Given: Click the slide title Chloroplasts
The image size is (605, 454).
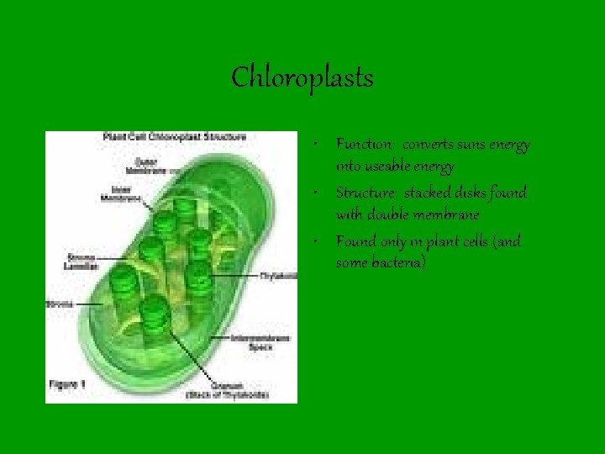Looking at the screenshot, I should (302, 78).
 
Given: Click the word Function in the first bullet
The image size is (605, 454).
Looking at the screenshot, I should (359, 145).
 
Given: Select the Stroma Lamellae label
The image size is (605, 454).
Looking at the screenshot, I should (82, 261).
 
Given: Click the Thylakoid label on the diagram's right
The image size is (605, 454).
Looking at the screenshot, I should (277, 275).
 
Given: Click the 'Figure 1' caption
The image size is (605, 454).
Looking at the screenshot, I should (68, 383).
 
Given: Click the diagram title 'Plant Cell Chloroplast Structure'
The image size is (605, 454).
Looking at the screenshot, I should (174, 136).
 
